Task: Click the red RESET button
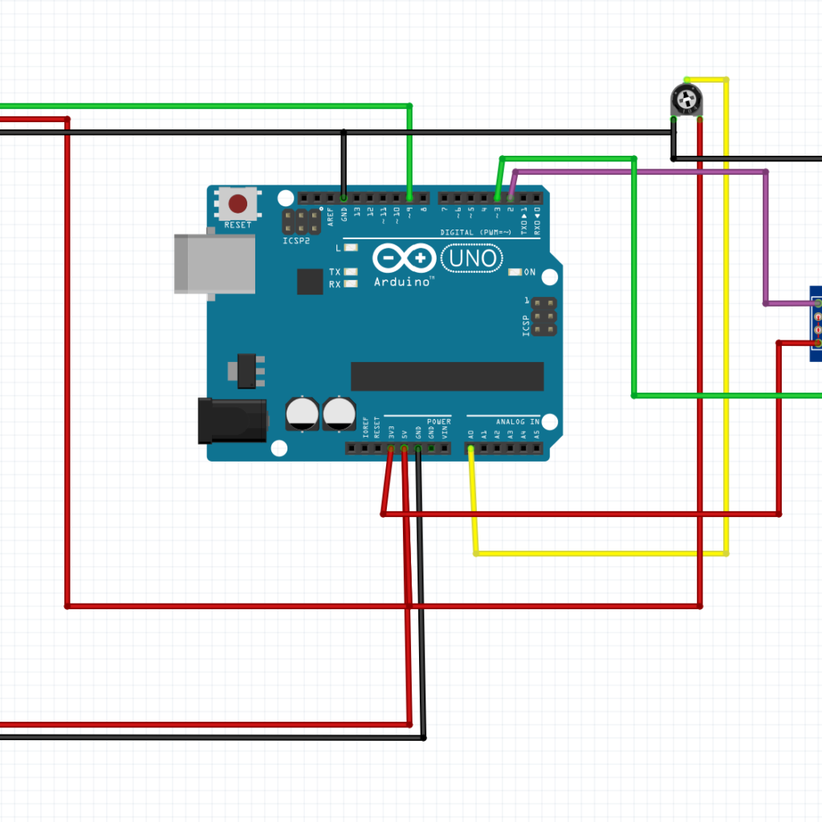pyautogui.click(x=238, y=202)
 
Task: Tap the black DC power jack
pyautogui.click(x=232, y=421)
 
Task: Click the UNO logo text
pyautogui.click(x=473, y=258)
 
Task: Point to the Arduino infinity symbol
pyautogui.click(x=404, y=258)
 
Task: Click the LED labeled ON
pyautogui.click(x=515, y=272)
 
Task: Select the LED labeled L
pyautogui.click(x=350, y=248)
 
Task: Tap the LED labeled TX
pyautogui.click(x=350, y=272)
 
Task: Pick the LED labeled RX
pyautogui.click(x=350, y=284)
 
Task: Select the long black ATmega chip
pyautogui.click(x=447, y=376)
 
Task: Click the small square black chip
pyautogui.click(x=310, y=281)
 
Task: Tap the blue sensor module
pyautogui.click(x=816, y=324)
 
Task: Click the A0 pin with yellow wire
pyautogui.click(x=470, y=448)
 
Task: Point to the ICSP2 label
pyautogui.click(x=296, y=241)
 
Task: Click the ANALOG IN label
pyautogui.click(x=518, y=421)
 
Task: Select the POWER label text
pyautogui.click(x=439, y=421)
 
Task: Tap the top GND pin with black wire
pyautogui.click(x=344, y=197)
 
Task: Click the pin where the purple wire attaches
pyautogui.click(x=511, y=197)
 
